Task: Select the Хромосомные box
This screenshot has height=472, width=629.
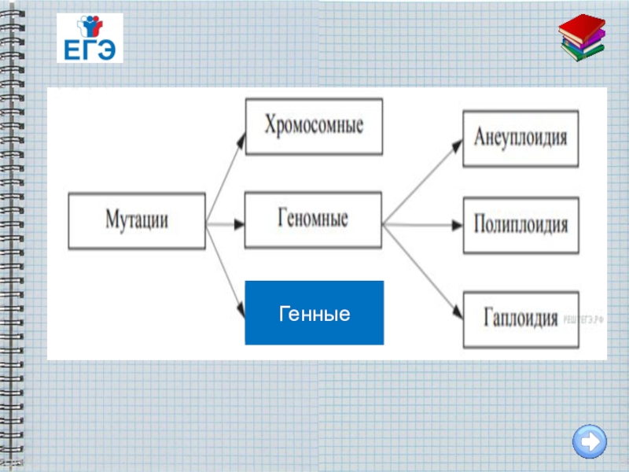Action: (314, 126)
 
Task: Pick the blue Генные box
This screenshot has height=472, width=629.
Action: (314, 312)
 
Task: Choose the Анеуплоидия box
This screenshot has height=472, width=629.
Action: (520, 138)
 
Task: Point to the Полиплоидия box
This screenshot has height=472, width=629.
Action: (520, 225)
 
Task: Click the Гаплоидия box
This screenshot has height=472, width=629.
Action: (520, 319)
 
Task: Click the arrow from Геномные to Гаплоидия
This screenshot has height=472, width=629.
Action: (422, 268)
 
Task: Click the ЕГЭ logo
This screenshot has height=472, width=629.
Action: (90, 38)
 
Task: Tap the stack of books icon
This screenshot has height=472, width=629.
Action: (583, 39)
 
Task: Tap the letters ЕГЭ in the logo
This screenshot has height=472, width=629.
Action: (90, 50)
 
